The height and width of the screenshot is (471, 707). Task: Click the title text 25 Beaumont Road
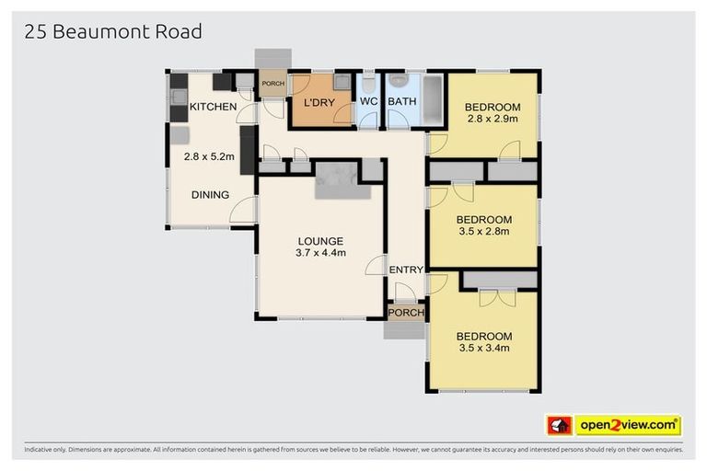113,32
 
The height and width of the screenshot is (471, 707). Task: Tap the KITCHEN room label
213,108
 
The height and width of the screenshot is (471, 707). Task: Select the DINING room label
210,195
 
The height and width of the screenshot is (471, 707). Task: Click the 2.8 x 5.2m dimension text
209,157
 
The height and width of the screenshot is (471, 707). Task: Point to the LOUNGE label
320,241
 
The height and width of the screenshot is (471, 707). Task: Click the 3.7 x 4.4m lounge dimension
320,253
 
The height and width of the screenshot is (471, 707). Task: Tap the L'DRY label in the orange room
319,102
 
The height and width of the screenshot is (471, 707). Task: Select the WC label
368,102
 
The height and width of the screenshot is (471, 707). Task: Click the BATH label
401,102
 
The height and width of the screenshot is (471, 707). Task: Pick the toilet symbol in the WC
368,82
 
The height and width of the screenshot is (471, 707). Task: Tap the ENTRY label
406,270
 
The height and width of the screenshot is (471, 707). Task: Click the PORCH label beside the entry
405,313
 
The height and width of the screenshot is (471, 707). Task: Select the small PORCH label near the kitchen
273,84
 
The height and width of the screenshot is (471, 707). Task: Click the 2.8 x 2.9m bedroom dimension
493,119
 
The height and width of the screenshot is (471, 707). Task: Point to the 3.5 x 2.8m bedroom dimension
484,232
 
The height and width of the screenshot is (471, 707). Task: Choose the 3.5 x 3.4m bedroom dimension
484,348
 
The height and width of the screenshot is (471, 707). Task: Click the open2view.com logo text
628,425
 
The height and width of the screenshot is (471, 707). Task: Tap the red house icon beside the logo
559,425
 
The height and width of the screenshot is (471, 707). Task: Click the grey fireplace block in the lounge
342,179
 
